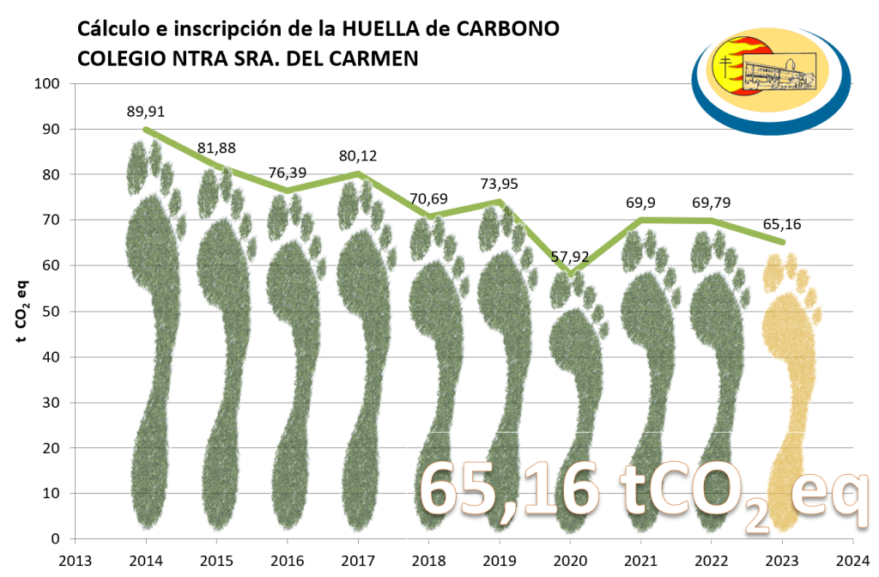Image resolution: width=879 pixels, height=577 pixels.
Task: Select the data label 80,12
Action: [358, 155]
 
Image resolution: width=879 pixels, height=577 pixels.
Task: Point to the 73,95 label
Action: [499, 184]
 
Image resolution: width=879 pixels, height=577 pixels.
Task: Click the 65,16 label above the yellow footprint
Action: [780, 226]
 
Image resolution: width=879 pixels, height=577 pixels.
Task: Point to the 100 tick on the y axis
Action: [46, 84]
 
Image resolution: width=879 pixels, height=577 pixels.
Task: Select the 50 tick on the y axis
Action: [50, 312]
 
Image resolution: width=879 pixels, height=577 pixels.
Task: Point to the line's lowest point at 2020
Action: [570, 275]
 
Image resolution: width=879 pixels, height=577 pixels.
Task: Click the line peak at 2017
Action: [358, 174]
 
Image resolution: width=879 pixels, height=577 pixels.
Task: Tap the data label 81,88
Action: [217, 148]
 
